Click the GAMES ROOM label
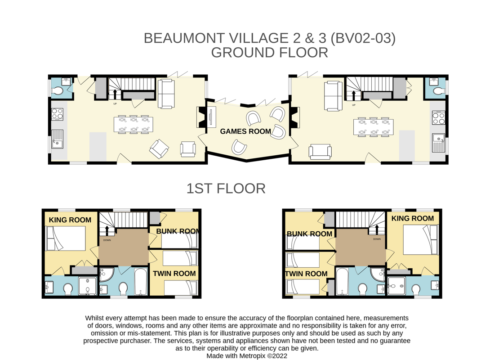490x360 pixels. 245,131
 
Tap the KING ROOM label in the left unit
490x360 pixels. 70,220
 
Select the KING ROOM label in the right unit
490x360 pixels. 413,218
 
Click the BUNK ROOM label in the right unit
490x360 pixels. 309,234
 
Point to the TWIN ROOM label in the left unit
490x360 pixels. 174,273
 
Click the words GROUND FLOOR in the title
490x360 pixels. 269,53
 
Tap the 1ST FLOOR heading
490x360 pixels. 226,189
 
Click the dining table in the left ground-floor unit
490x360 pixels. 134,124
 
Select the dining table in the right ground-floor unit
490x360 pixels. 374,127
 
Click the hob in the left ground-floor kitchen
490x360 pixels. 58,114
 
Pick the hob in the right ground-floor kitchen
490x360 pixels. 438,118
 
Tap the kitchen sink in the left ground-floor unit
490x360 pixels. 57,139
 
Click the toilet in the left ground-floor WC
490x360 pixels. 57,91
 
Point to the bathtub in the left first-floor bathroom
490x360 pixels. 141,282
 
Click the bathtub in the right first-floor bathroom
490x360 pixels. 342,282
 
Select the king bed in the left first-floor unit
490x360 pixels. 66,238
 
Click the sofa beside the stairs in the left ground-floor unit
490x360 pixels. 166,94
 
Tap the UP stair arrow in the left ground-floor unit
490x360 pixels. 115,94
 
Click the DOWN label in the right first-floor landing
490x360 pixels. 377,239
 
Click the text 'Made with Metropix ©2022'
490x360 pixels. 247,355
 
